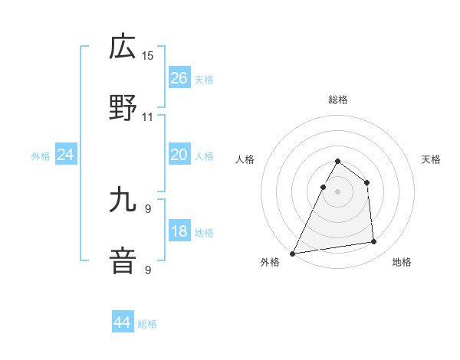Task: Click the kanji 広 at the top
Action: click(123, 47)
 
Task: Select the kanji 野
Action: click(123, 108)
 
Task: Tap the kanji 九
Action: click(123, 200)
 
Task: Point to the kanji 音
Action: click(123, 261)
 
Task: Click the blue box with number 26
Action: click(179, 78)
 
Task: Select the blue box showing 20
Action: click(179, 155)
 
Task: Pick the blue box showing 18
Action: click(179, 232)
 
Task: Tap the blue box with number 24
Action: click(66, 155)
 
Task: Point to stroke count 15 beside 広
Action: click(148, 56)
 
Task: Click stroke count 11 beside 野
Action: click(148, 117)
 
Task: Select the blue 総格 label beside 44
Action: click(147, 324)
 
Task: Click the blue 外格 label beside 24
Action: click(41, 156)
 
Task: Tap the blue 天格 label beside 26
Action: click(204, 79)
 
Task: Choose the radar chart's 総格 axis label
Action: click(338, 100)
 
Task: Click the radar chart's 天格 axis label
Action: click(432, 159)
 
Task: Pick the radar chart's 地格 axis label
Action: click(402, 262)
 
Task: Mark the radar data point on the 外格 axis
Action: click(292, 253)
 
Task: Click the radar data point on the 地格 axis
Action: click(374, 242)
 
